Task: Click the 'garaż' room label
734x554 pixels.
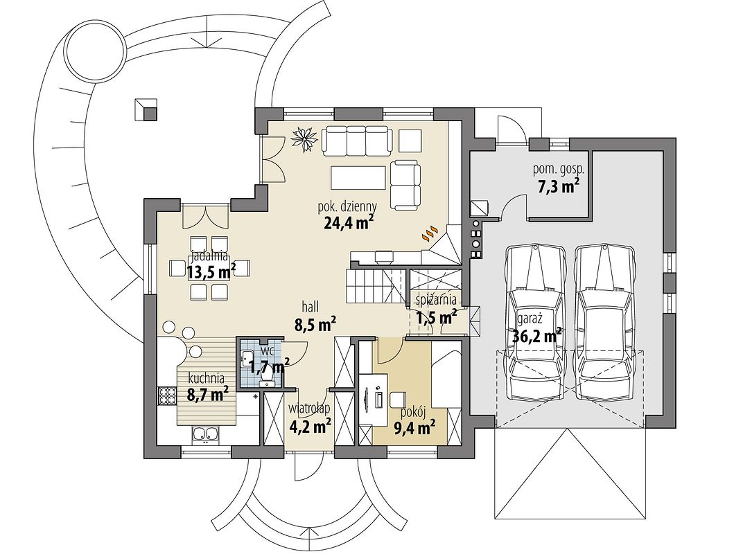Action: (x=530, y=320)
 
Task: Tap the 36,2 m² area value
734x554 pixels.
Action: (x=537, y=336)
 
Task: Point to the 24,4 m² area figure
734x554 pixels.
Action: (x=348, y=223)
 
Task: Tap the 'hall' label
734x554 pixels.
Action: (x=311, y=306)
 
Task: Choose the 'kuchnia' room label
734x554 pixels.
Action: (x=207, y=377)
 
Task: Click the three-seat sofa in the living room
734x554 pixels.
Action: (x=356, y=141)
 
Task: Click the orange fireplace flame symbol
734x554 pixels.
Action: (x=431, y=232)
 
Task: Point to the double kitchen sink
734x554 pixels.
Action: (x=205, y=434)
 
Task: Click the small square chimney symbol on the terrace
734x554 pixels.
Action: (x=146, y=110)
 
